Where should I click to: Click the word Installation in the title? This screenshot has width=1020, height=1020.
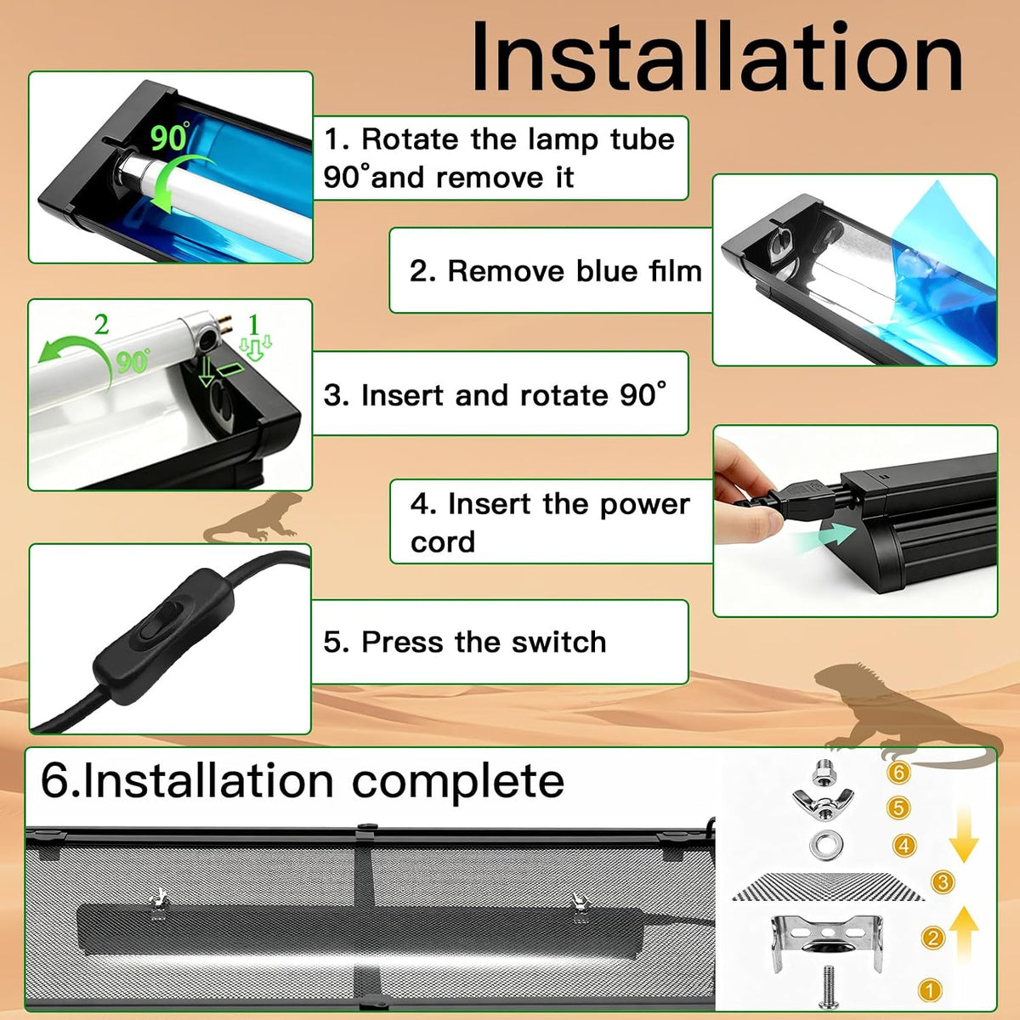coord(717,57)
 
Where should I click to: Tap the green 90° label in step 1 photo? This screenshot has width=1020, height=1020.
coord(169,137)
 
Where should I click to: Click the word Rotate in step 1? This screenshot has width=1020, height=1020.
coord(410,139)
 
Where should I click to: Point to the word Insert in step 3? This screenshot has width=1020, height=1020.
coord(402,395)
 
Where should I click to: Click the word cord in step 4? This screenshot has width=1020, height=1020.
coord(443,542)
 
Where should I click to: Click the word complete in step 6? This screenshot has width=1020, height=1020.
coord(458,782)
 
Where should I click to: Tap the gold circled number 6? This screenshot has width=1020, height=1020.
coord(898,773)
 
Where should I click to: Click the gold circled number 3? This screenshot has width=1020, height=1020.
coord(943,881)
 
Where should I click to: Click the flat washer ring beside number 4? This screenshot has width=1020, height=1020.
coord(824,844)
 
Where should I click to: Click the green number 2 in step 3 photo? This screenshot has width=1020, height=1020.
coord(102,325)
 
